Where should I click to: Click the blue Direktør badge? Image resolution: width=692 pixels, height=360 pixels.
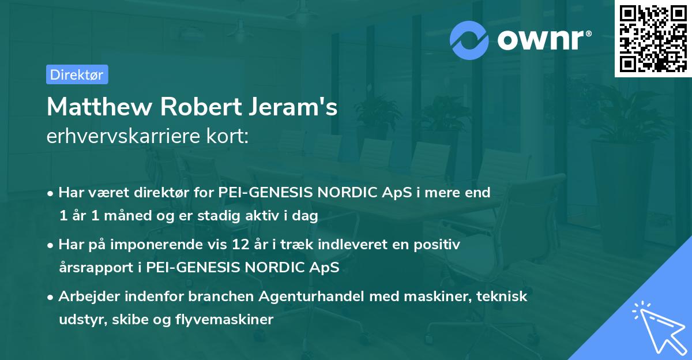point(77,74)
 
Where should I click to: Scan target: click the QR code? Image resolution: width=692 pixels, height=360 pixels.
point(653,39)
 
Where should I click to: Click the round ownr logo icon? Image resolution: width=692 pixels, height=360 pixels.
point(469,40)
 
